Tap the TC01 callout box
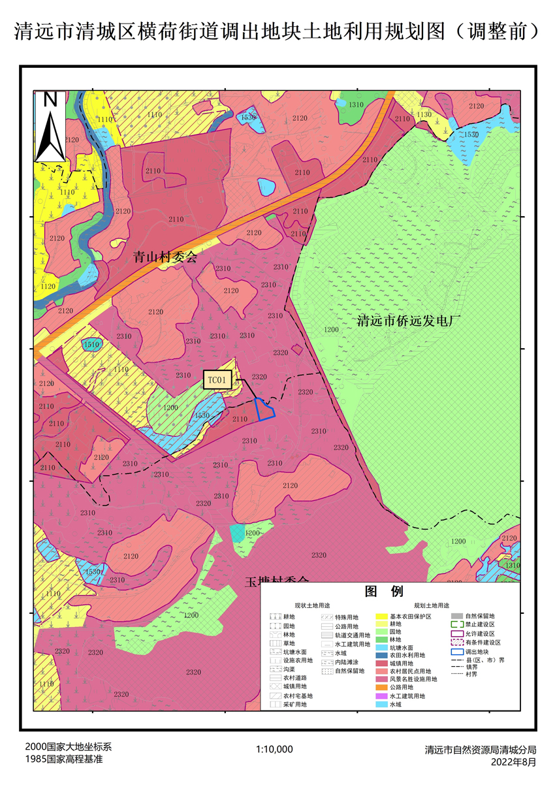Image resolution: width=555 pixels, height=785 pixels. (218, 380)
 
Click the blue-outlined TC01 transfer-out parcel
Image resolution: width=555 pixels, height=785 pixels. (264, 409)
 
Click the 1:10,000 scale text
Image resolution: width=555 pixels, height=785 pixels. (274, 749)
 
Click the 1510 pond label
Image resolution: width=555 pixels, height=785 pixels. (91, 344)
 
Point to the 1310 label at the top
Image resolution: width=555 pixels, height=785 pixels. (356, 105)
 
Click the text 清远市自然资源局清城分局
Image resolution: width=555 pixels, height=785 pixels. (480, 749)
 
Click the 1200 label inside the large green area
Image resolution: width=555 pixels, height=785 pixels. (331, 330)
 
